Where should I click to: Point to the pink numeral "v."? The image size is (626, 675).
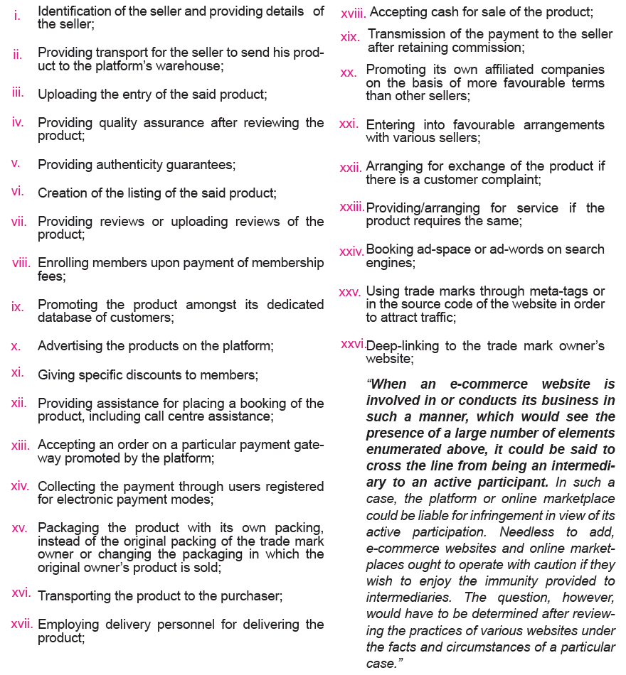pyautogui.click(x=16, y=163)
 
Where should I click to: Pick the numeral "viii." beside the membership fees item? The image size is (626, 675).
pyautogui.click(x=21, y=263)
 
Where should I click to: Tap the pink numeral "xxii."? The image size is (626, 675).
pyautogui.click(x=351, y=168)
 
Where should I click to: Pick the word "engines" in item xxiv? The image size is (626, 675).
pyautogui.click(x=390, y=262)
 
